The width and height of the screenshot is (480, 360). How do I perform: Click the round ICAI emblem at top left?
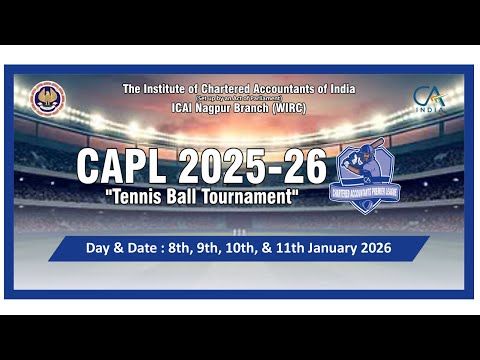tap(48, 98)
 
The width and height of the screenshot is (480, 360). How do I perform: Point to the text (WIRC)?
tap(287, 108)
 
